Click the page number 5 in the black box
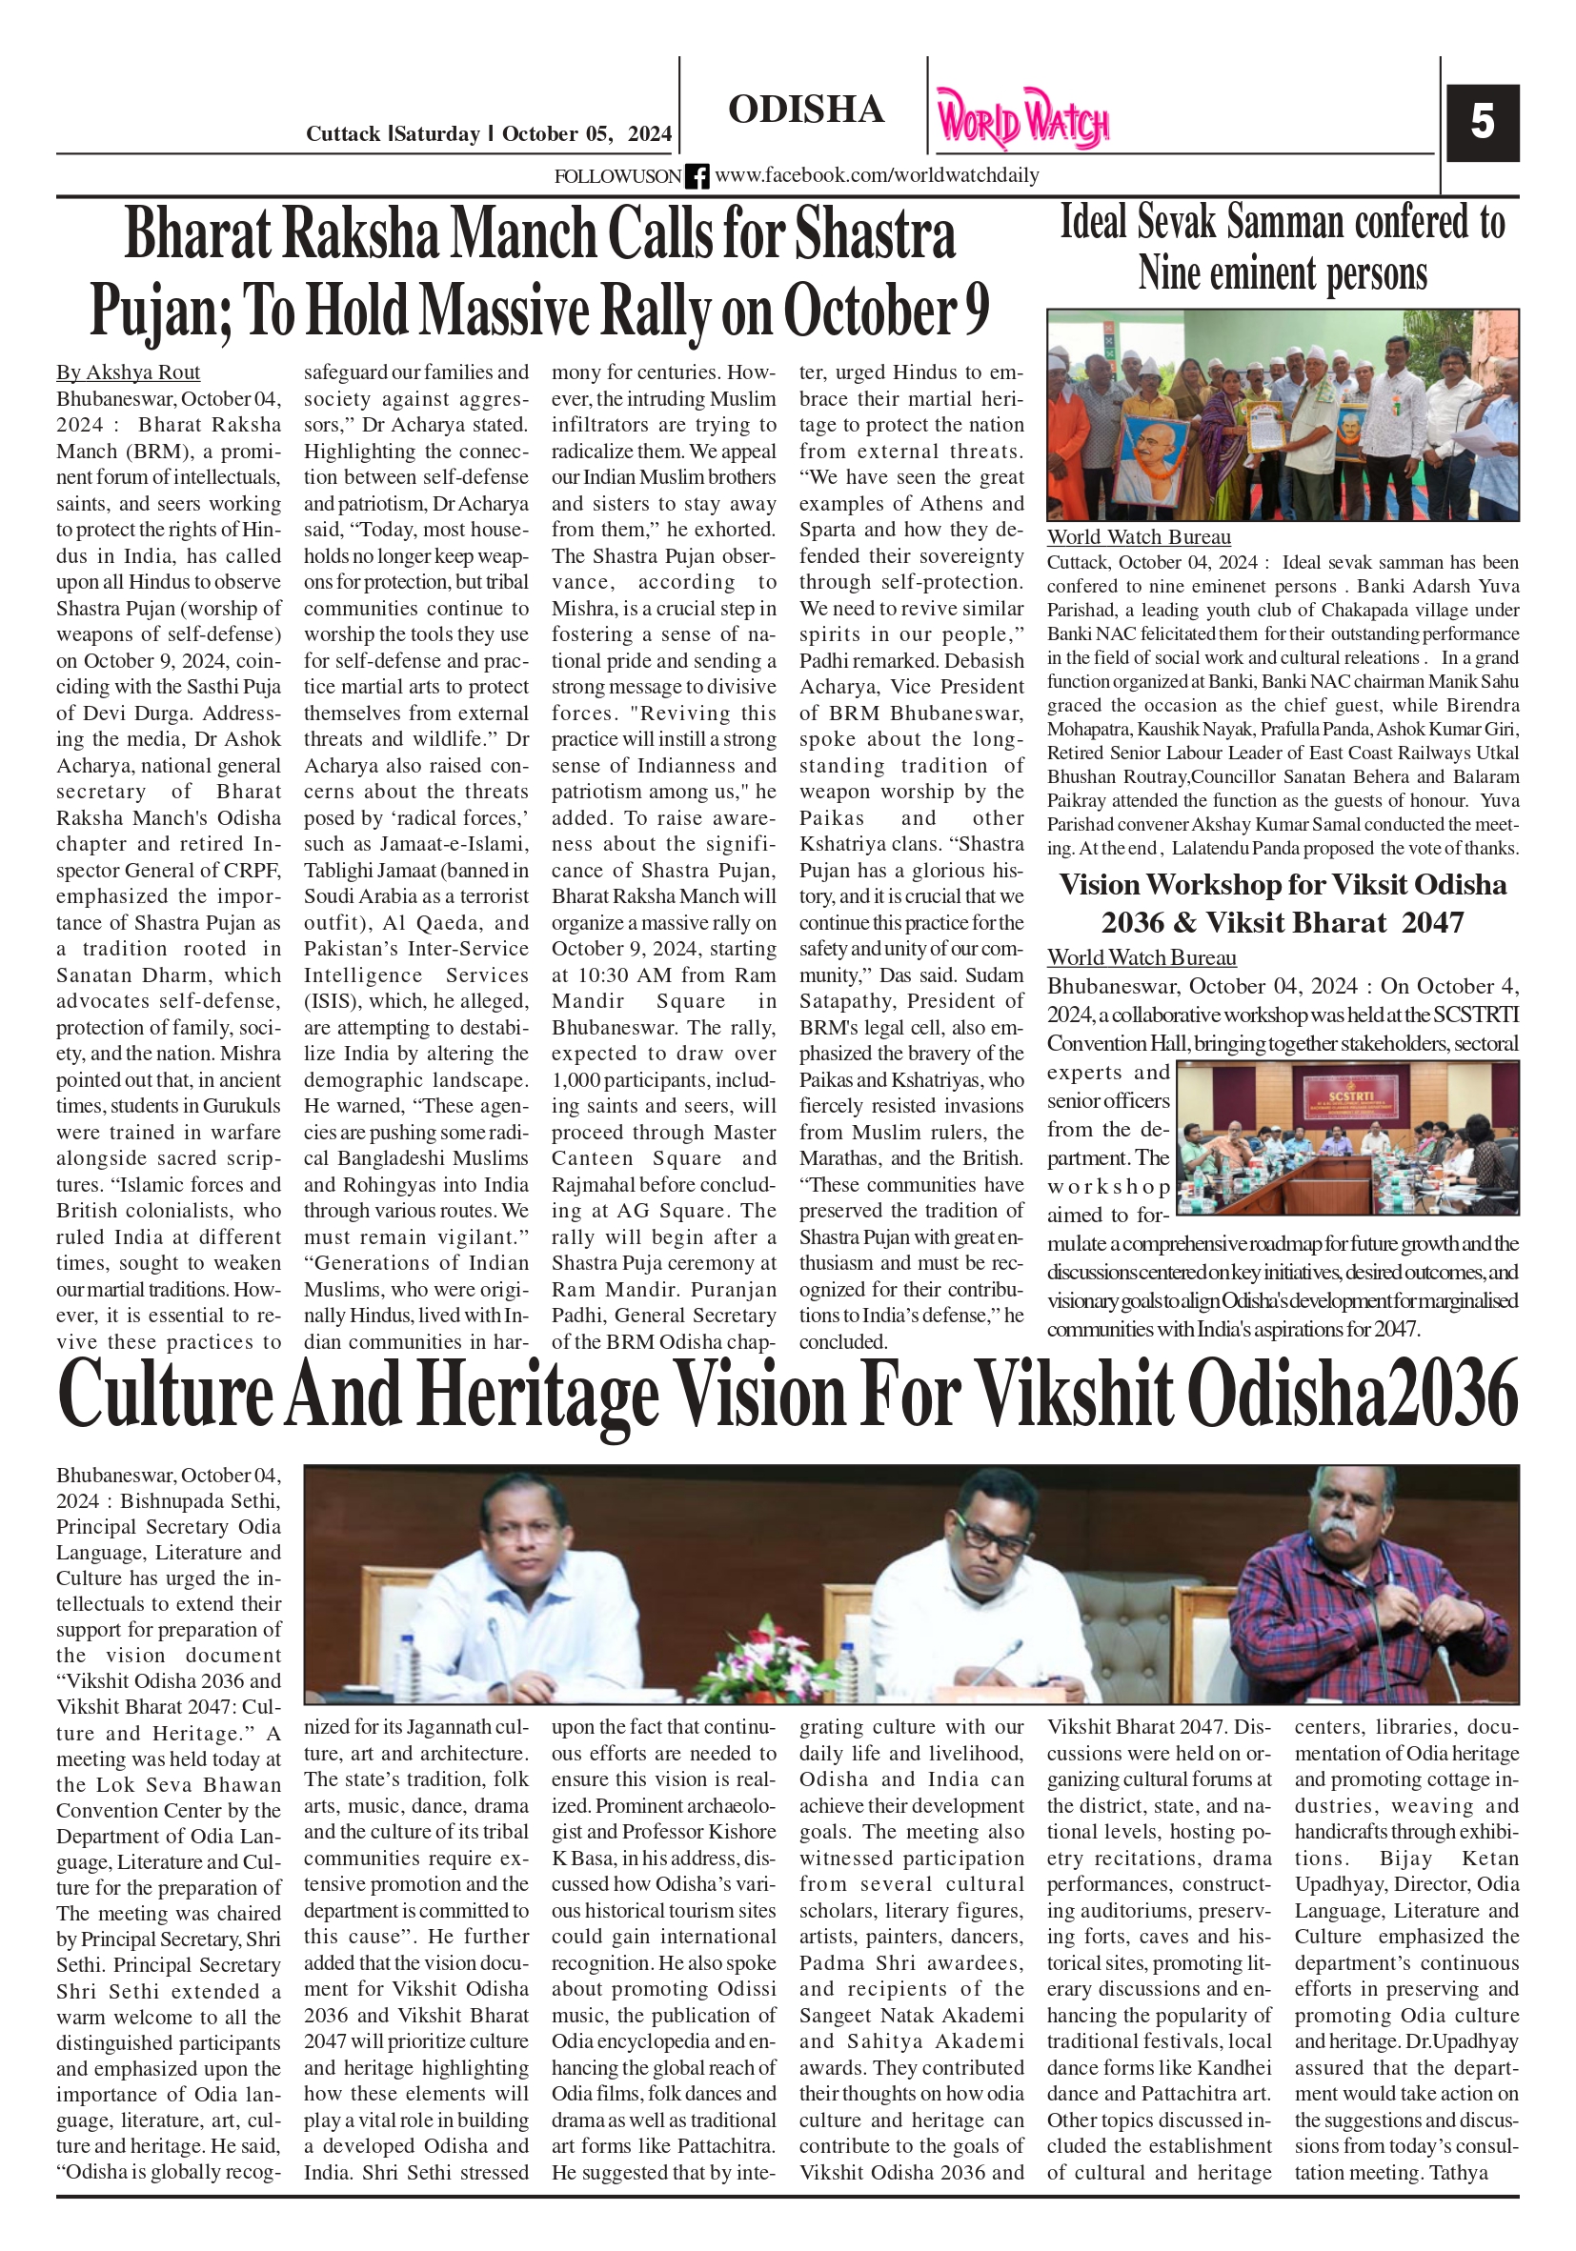pos(1482,123)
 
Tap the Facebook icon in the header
pos(697,176)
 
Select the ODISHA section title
pos(805,110)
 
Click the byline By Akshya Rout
pos(128,372)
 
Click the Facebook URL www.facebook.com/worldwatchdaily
pos(877,175)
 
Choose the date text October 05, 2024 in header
pos(586,134)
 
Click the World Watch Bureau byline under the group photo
pos(1139,537)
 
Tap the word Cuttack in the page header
pos(343,134)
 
